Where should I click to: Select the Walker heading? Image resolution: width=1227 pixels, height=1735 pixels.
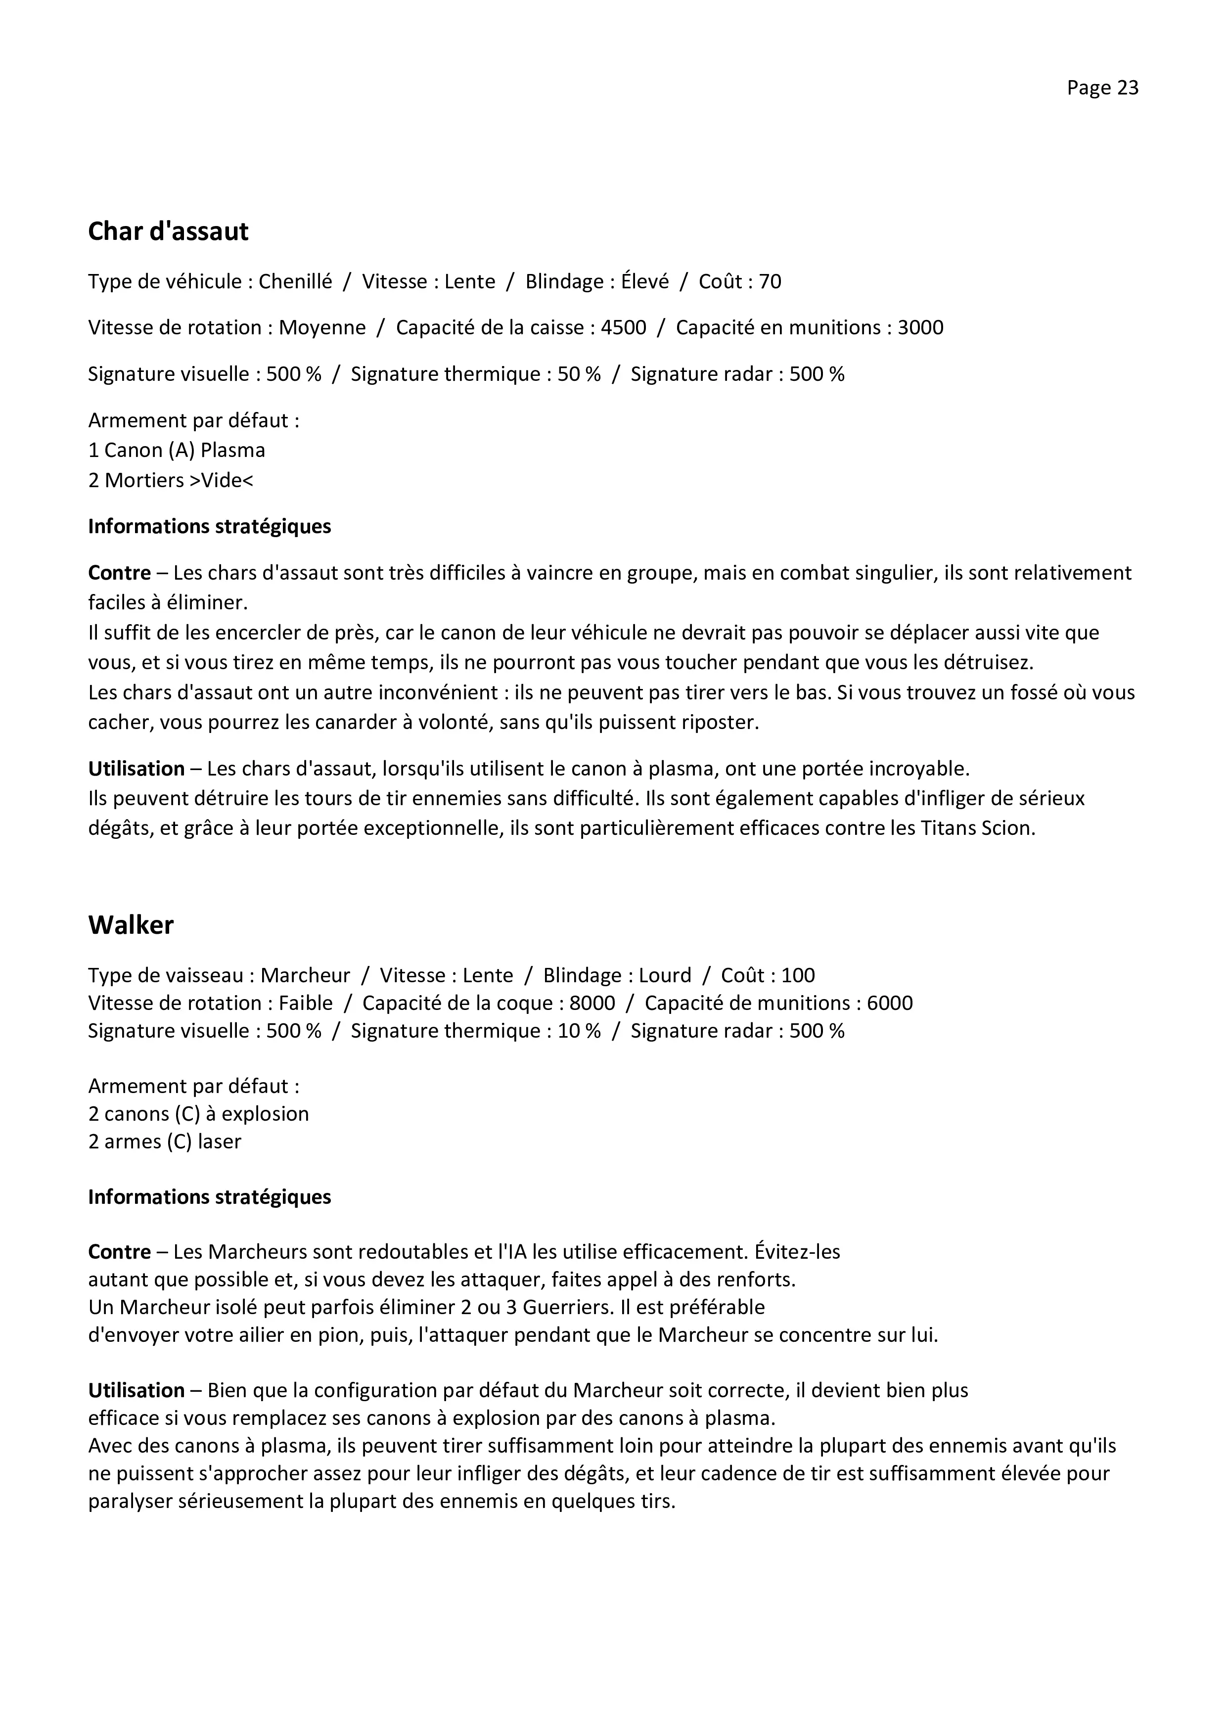pos(131,925)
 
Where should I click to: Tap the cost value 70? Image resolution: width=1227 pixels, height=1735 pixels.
pos(770,282)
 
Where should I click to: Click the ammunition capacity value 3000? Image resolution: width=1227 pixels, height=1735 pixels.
pos(920,328)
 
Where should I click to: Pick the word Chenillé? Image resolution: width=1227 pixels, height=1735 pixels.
pos(295,282)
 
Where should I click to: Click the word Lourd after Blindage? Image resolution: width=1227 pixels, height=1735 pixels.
pos(665,975)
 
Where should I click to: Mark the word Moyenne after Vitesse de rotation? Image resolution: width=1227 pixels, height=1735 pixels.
pos(322,328)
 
